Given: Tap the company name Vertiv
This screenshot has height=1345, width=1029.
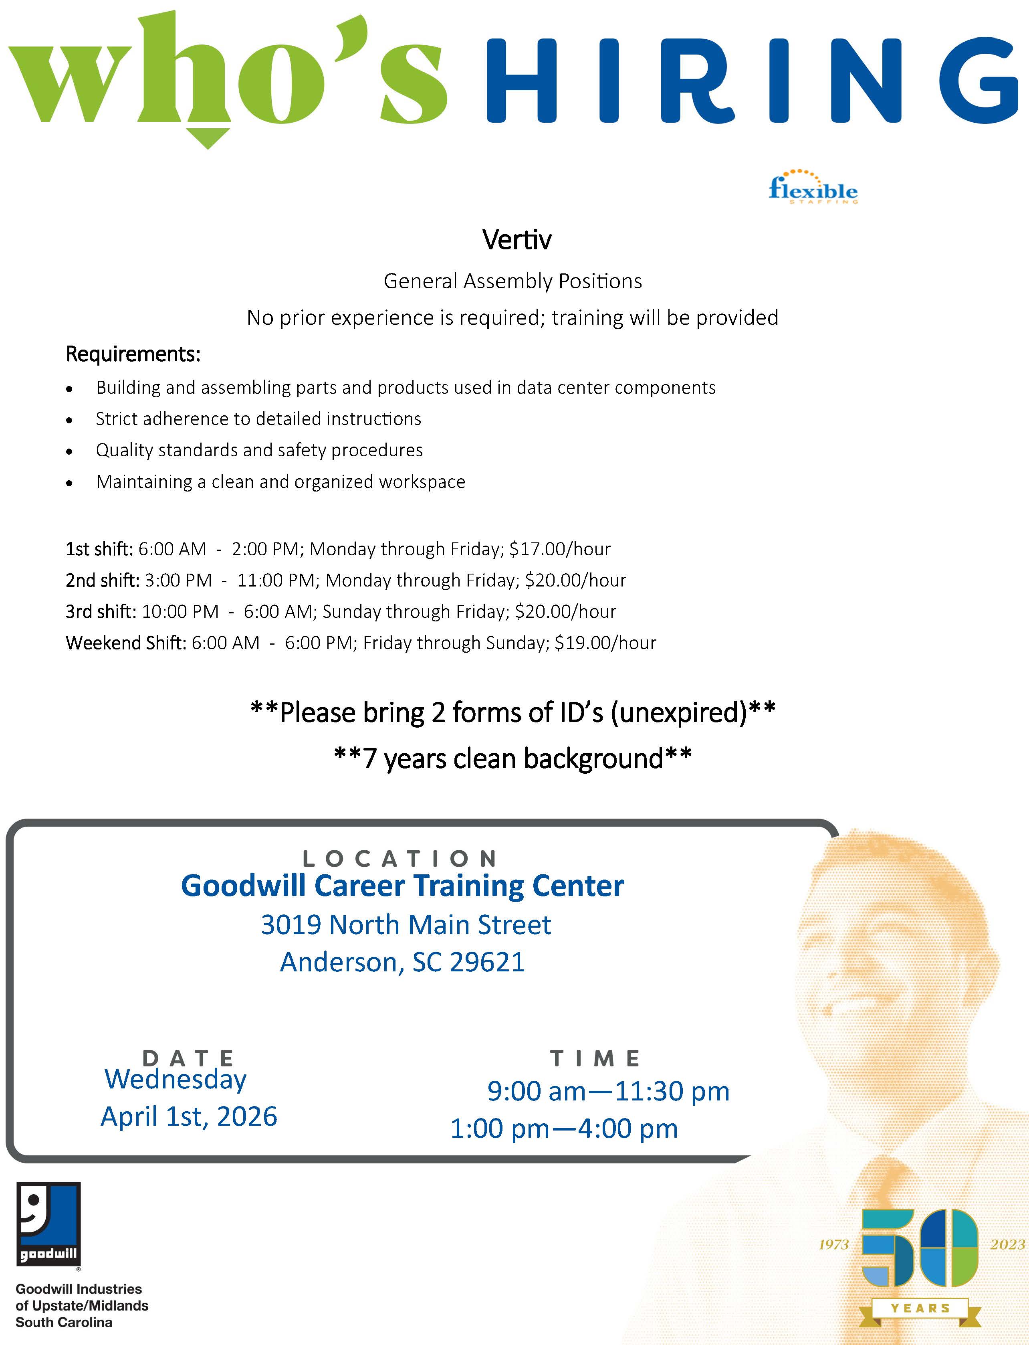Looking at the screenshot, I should click(517, 240).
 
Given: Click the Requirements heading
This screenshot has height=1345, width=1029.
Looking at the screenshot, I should click(133, 354).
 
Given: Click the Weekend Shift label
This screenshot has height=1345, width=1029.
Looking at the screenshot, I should click(125, 643).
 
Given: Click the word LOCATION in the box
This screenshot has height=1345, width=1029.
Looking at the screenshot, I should click(399, 858).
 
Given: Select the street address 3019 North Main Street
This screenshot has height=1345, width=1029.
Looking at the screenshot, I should click(406, 924).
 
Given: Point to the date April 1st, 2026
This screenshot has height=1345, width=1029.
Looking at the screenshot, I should click(189, 1116).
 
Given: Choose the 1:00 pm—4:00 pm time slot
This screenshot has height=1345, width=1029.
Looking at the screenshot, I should click(563, 1129).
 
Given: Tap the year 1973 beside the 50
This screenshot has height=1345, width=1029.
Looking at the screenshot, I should click(833, 1244).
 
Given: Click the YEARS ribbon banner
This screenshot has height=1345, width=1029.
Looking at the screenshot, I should click(920, 1308).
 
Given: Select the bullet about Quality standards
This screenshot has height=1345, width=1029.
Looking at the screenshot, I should click(259, 450).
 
